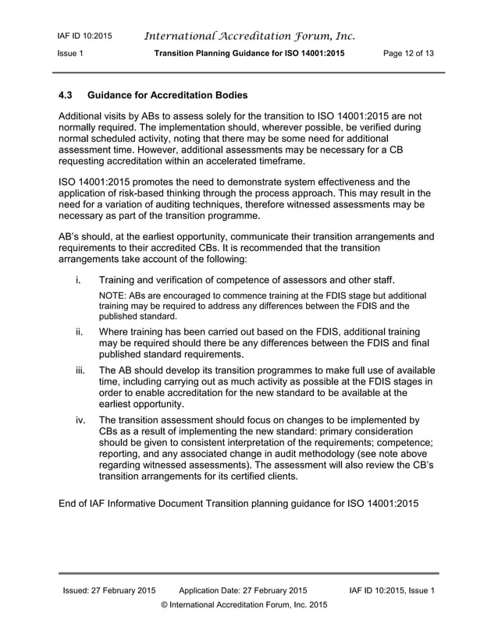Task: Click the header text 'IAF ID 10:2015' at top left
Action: [84, 36]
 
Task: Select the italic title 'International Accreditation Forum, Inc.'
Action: [250, 36]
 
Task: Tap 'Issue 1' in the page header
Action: [71, 53]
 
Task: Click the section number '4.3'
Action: [67, 96]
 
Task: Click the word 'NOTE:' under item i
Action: [112, 296]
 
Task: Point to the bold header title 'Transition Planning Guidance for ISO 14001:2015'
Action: [249, 53]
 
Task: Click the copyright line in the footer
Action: [244, 605]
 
